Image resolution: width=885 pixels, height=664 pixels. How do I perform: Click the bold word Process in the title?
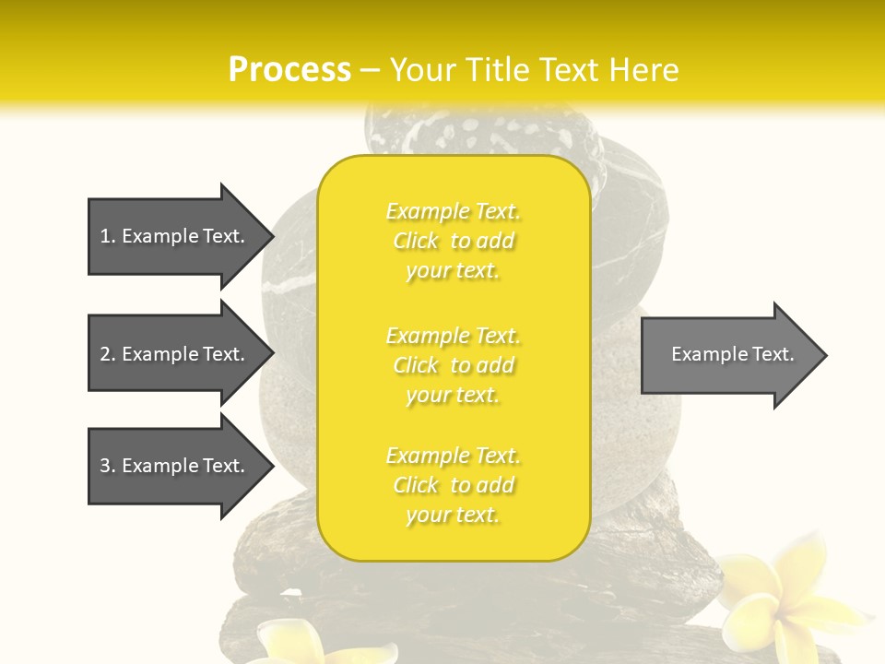(x=289, y=70)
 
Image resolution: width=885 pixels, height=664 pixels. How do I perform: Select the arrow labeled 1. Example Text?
(x=175, y=236)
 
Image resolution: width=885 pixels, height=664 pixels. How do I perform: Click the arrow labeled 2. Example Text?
(x=175, y=354)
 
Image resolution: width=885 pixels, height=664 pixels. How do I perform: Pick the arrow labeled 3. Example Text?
(x=175, y=466)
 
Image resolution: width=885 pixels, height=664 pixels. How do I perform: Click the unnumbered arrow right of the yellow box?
(x=728, y=355)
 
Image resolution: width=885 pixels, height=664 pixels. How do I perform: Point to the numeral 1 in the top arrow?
(x=105, y=236)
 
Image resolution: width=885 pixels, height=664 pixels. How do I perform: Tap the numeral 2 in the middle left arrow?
(x=105, y=354)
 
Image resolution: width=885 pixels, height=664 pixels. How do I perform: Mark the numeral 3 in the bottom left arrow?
(x=105, y=466)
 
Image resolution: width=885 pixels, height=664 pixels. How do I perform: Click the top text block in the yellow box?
(x=453, y=241)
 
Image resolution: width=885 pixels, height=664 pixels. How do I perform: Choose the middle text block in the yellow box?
(x=453, y=365)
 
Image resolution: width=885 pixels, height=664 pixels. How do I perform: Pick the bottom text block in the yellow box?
(x=453, y=485)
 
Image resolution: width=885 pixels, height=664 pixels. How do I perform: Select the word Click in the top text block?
(x=416, y=241)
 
